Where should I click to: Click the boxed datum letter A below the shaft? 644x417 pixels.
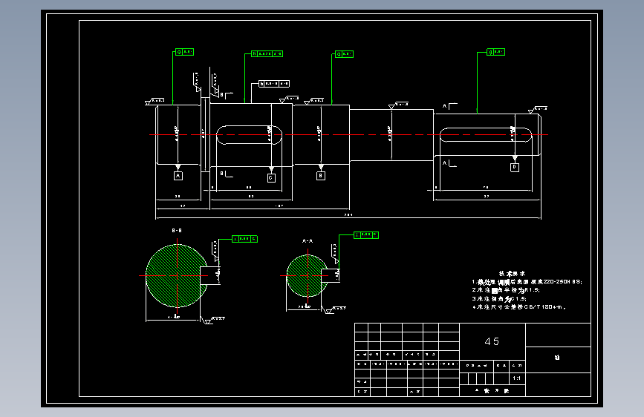coord(178,175)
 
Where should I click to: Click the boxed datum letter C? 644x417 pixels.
coord(270,178)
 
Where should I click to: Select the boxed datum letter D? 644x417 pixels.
coord(514,168)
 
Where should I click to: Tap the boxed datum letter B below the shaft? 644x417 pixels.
coord(321,176)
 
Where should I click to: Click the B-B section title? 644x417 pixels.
coord(178,231)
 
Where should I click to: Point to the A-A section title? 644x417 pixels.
coord(308,241)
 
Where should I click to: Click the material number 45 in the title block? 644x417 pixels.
coord(492,341)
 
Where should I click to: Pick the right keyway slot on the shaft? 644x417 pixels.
coord(486,134)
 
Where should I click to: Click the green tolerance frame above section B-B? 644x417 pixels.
coord(245,239)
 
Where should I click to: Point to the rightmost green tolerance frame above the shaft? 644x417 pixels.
coord(496,52)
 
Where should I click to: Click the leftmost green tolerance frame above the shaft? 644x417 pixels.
coord(184,52)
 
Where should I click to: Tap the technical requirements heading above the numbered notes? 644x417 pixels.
coord(511,273)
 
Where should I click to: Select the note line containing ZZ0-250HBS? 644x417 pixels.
coord(527,282)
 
